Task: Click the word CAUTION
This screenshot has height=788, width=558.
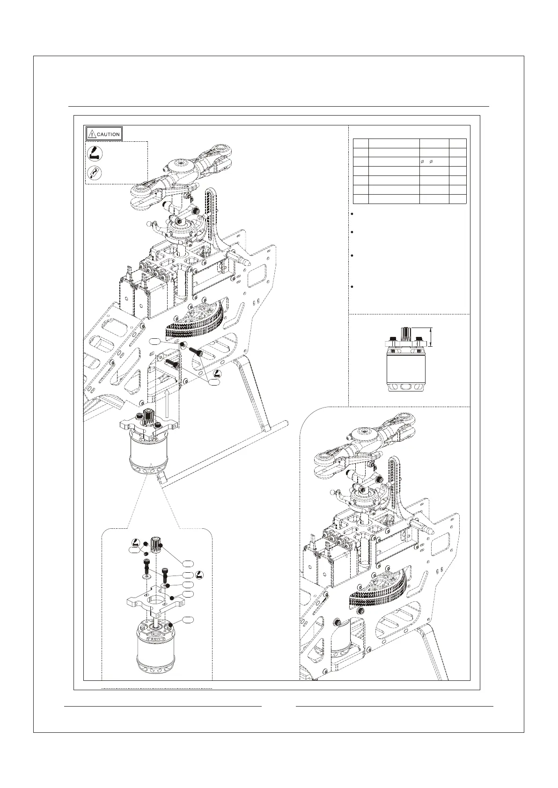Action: point(108,134)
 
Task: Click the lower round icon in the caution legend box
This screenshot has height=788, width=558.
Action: point(93,173)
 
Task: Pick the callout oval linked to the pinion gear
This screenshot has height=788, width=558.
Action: point(188,562)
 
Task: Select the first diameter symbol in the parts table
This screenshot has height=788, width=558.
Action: point(422,162)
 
